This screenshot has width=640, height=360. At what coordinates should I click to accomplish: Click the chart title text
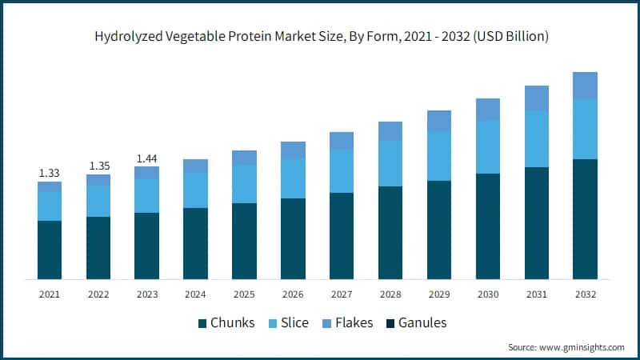[320, 37]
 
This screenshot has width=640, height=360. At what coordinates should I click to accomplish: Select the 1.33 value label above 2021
[50, 173]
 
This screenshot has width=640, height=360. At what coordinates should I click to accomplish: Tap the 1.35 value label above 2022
[98, 166]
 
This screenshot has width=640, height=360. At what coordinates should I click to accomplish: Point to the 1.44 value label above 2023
[147, 158]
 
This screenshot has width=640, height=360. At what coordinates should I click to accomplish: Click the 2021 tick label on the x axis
[50, 294]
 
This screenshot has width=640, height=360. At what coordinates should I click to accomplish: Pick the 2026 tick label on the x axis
[293, 294]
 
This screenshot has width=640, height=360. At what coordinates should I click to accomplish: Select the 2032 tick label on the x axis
[586, 294]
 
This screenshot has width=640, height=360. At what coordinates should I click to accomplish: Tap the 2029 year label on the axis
[439, 294]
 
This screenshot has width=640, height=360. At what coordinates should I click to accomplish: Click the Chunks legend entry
[226, 323]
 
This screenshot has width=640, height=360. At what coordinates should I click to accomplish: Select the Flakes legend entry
[352, 323]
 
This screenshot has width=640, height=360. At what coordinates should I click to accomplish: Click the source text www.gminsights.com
[566, 347]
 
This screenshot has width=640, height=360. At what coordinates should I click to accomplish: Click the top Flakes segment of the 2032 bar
[586, 86]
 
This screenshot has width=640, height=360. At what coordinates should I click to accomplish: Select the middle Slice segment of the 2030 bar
[488, 146]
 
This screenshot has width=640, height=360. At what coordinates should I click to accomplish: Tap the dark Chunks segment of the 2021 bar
[50, 250]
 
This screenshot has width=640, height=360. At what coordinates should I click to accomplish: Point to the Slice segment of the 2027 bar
[342, 170]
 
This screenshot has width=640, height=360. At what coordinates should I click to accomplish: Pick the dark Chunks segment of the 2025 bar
[244, 241]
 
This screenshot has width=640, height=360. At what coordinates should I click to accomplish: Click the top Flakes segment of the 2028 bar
[390, 131]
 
